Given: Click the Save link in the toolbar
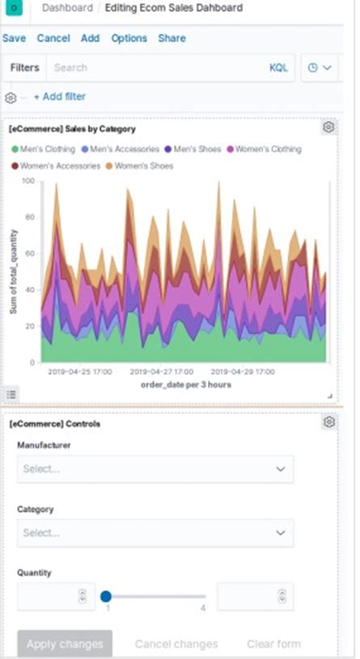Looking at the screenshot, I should tap(14, 38).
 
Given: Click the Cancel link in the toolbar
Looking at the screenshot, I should tap(53, 38).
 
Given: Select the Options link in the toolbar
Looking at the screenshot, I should tap(129, 38).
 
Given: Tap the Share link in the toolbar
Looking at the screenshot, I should tap(172, 38).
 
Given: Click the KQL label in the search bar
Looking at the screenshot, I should tap(278, 68).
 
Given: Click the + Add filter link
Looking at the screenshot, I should tap(59, 97).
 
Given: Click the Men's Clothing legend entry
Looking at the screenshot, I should tap(44, 150).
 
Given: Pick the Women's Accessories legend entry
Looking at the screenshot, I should tap(56, 166).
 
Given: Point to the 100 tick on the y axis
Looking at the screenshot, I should tap(28, 181).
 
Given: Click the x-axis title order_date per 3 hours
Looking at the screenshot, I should tap(186, 385).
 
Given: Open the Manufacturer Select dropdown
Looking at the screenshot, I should tap(155, 469).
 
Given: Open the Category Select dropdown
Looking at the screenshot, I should tap(155, 533).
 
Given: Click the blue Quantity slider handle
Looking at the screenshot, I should tap(105, 597).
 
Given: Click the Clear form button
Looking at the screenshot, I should tap(273, 644).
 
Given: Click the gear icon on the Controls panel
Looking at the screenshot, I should tap(328, 423).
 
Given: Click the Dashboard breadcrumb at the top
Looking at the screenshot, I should tap(66, 7).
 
